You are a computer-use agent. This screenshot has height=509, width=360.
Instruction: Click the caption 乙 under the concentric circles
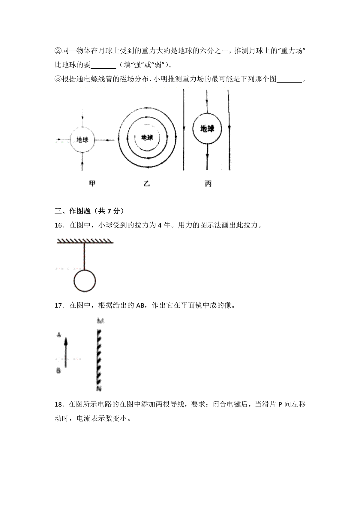pos(146,183)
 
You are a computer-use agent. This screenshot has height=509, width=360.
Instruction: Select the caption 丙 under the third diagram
pos(208,183)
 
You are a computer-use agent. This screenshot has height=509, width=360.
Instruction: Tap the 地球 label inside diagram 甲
pos(82,140)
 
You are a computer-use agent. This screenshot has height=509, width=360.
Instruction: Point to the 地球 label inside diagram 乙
pos(147,138)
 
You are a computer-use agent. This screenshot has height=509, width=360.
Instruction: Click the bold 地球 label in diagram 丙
pos(207,129)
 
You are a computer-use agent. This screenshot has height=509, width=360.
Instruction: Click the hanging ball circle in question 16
pos(85,281)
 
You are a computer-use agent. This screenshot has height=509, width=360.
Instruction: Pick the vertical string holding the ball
pos(84,256)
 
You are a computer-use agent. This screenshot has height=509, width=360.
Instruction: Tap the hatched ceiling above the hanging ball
pos(85,241)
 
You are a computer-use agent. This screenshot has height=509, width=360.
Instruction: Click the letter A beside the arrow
pos(59,335)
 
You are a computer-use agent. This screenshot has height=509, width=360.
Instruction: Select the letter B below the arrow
pos(58,371)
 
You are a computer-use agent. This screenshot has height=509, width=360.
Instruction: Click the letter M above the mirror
pos(100,321)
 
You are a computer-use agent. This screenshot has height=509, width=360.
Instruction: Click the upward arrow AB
pos(66,352)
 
